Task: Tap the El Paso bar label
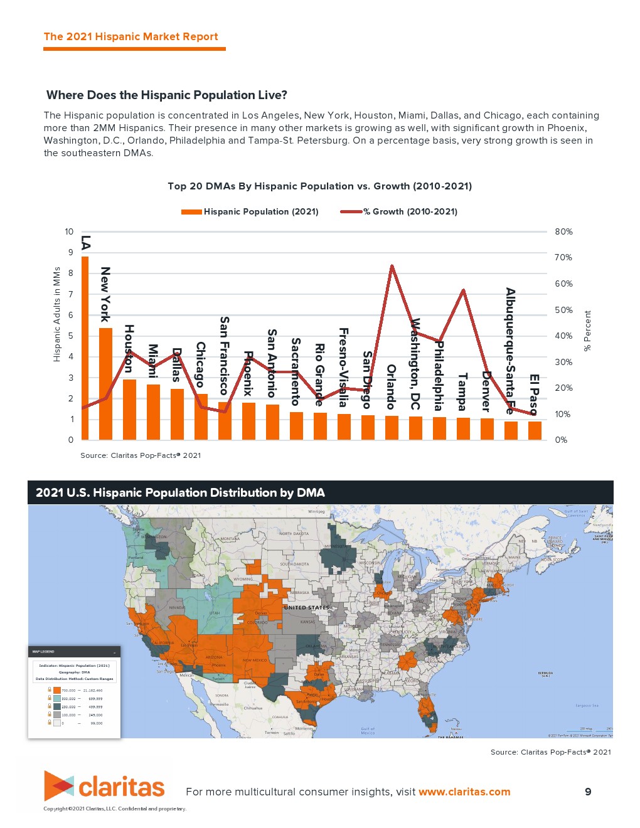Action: coord(534,395)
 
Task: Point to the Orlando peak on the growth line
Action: coord(392,266)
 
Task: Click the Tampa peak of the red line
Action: coord(463,290)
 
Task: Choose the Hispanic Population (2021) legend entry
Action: coord(250,212)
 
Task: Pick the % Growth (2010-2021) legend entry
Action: coord(399,212)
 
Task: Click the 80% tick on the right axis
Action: coord(563,232)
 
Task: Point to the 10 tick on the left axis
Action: coord(69,232)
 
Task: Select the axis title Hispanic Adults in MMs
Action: coord(57,314)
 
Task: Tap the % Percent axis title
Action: coord(588,331)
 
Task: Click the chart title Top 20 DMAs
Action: coord(319,186)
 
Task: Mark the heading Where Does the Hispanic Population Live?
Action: coord(167,95)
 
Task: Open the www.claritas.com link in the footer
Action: coord(464,792)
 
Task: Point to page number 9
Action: coord(588,792)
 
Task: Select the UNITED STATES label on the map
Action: coord(306,607)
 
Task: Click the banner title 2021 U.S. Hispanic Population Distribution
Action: coord(180,493)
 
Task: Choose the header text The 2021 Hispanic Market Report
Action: coord(131,36)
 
